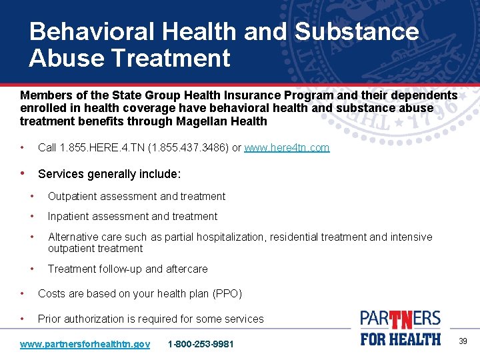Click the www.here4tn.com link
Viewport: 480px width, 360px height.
click(x=287, y=148)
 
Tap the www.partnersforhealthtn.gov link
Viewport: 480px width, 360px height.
click(x=85, y=344)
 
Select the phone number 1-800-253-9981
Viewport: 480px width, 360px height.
click(x=201, y=344)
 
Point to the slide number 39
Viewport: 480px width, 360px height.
click(x=463, y=341)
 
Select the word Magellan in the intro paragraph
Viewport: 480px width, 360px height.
click(x=197, y=121)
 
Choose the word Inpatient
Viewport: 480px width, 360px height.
click(x=69, y=216)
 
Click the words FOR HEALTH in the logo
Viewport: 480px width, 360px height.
click(x=401, y=339)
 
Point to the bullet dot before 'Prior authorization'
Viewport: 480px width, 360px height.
click(x=23, y=319)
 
